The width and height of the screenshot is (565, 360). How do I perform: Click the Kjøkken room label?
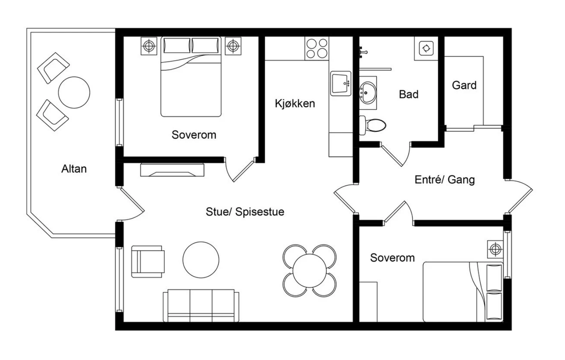pyautogui.click(x=295, y=104)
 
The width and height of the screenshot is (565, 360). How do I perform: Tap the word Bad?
pyautogui.click(x=409, y=94)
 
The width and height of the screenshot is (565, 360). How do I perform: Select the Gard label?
pyautogui.click(x=464, y=85)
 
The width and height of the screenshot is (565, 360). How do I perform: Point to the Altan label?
pyautogui.click(x=74, y=168)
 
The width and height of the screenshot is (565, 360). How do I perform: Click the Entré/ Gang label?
pyautogui.click(x=444, y=180)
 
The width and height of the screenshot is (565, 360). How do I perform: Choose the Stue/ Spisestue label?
pyautogui.click(x=245, y=212)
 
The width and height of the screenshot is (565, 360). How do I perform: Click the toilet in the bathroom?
pyautogui.click(x=372, y=125)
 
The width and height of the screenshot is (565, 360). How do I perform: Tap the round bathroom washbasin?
pyautogui.click(x=368, y=93)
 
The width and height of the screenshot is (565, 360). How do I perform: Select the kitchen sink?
pyautogui.click(x=341, y=83)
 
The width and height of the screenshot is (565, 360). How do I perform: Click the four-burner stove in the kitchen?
pyautogui.click(x=316, y=48)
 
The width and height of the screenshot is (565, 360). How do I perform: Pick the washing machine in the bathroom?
pyautogui.click(x=426, y=48)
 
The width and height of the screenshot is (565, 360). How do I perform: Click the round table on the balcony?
pyautogui.click(x=74, y=93)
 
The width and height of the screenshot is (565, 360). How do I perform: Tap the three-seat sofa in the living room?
pyautogui.click(x=201, y=305)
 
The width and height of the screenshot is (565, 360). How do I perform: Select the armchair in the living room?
pyautogui.click(x=148, y=262)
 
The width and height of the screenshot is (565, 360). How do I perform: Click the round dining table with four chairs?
pyautogui.click(x=309, y=271)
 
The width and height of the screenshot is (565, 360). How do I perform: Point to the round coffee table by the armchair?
pyautogui.click(x=201, y=260)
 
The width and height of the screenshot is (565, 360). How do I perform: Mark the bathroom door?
pyautogui.click(x=395, y=154)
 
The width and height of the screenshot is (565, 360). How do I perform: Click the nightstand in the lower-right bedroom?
pyautogui.click(x=495, y=249)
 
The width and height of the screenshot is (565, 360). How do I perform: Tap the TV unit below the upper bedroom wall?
pyautogui.click(x=172, y=170)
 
